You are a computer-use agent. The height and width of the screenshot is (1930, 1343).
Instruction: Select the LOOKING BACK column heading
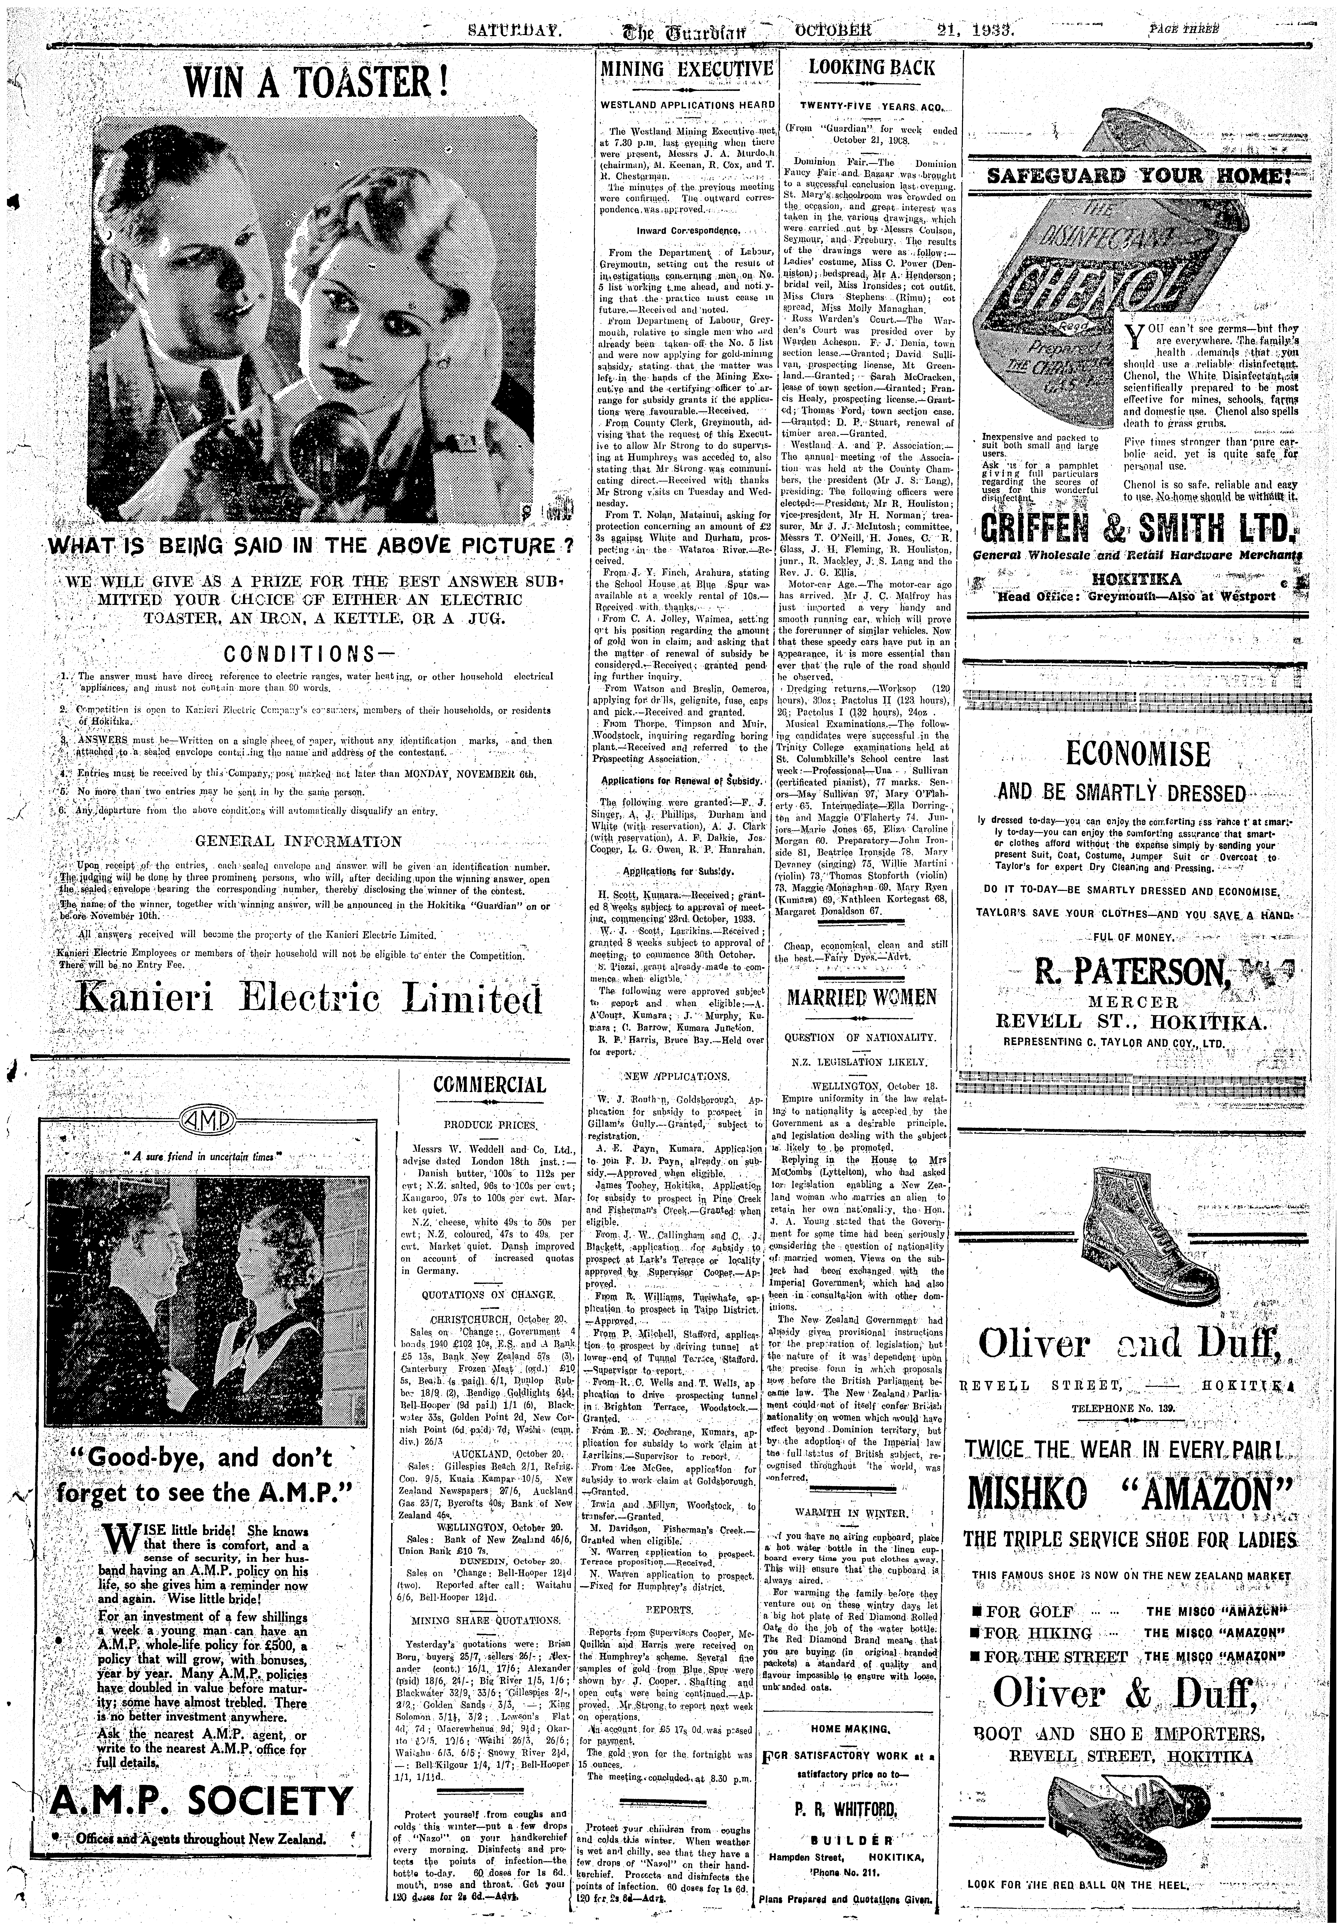871,67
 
